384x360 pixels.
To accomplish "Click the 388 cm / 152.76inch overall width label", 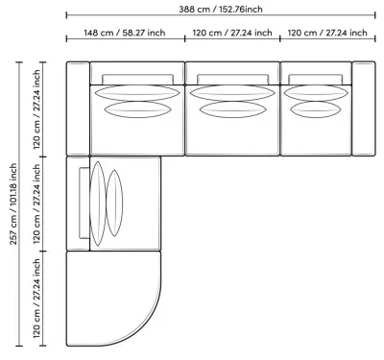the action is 221,10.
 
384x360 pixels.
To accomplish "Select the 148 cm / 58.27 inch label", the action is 125,33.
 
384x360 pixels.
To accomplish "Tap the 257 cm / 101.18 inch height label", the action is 13,204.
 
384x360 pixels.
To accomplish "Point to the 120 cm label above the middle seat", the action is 232,33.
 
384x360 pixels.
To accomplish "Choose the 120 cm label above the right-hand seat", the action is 327,33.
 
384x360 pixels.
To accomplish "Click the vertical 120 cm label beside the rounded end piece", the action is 36,299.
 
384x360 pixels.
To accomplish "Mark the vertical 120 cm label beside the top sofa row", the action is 36,109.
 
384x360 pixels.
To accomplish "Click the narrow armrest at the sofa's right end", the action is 364,108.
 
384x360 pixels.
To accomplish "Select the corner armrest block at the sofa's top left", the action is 78,108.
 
